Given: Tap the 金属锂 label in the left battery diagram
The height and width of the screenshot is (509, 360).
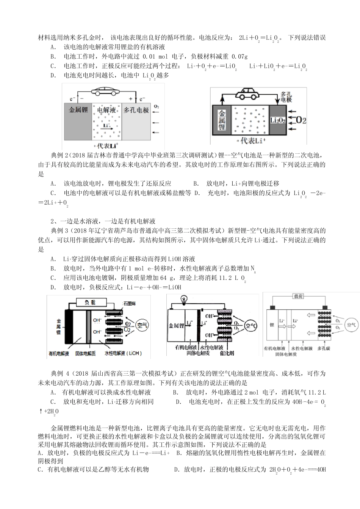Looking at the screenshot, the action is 78,110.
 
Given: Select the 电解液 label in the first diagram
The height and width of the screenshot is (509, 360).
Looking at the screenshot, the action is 106,110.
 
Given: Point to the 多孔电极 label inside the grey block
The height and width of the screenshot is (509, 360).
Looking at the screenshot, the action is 136,110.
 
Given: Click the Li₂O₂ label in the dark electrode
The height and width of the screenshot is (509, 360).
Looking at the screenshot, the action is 278,120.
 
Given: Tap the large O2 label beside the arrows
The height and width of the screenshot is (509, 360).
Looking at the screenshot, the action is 301,120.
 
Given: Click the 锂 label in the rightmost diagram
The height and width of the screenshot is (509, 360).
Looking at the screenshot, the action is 271,325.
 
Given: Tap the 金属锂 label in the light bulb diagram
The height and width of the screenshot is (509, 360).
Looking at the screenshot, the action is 176,325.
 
